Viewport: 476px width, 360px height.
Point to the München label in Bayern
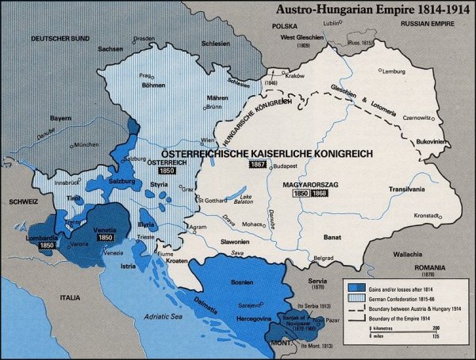(86, 145)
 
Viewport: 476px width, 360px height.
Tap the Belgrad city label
(324, 259)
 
